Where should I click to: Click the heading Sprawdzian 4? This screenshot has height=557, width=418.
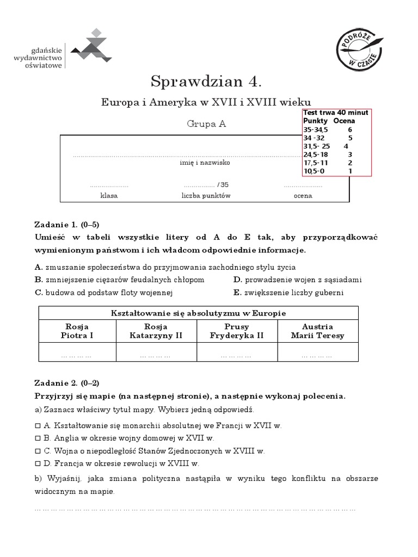pyautogui.click(x=206, y=82)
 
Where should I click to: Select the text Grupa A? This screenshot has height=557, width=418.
pyautogui.click(x=206, y=123)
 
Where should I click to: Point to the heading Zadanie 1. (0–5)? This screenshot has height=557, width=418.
pyautogui.click(x=67, y=225)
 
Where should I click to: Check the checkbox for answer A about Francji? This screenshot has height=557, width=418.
pyautogui.click(x=38, y=425)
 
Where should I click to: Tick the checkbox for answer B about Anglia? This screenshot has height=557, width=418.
pyautogui.click(x=38, y=438)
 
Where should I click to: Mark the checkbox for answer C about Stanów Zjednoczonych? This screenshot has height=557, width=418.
pyautogui.click(x=38, y=451)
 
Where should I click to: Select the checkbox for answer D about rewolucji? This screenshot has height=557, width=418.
pyautogui.click(x=38, y=464)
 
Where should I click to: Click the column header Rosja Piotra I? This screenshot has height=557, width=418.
pyautogui.click(x=77, y=331)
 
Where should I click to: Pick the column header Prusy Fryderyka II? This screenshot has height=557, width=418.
pyautogui.click(x=237, y=331)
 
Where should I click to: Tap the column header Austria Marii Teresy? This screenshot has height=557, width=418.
pyautogui.click(x=317, y=331)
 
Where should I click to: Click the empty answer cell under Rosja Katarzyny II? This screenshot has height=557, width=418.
pyautogui.click(x=156, y=355)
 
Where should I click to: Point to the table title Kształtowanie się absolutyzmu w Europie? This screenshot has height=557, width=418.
pyautogui.click(x=198, y=313)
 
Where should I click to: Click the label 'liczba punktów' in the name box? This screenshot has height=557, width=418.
pyautogui.click(x=206, y=195)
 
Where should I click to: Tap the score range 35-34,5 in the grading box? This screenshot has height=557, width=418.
pyautogui.click(x=316, y=129)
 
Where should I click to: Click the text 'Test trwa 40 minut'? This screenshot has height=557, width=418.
pyautogui.click(x=336, y=113)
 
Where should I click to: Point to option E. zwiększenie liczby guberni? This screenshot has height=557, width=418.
pyautogui.click(x=288, y=293)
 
